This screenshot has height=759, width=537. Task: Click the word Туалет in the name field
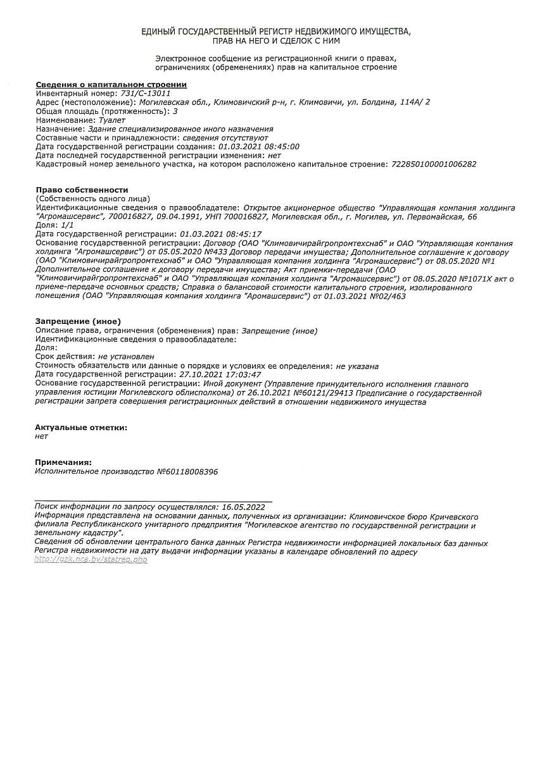(112, 120)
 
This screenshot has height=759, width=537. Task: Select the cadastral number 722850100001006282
(434, 164)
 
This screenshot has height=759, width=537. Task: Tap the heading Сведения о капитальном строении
(111, 85)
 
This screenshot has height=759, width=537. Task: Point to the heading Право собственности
(82, 190)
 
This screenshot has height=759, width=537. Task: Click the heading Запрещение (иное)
(78, 321)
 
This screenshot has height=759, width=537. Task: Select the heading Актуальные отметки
(80, 428)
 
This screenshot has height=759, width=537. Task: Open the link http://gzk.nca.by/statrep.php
(91, 560)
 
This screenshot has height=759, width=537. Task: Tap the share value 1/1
(66, 225)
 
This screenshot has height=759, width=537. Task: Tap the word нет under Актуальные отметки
(41, 436)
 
